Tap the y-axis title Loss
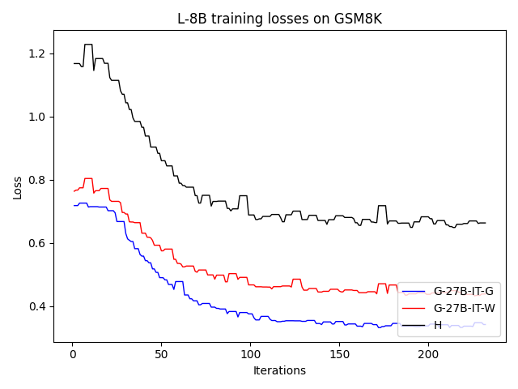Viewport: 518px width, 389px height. point(18,187)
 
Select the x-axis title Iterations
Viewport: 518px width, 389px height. point(279,370)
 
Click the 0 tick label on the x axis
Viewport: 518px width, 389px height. point(72,353)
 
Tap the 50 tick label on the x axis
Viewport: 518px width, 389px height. point(161,353)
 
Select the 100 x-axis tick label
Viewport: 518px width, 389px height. point(250,353)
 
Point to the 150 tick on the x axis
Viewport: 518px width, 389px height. point(339,353)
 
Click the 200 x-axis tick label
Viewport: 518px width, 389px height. point(428,353)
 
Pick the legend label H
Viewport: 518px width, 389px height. point(438,326)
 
